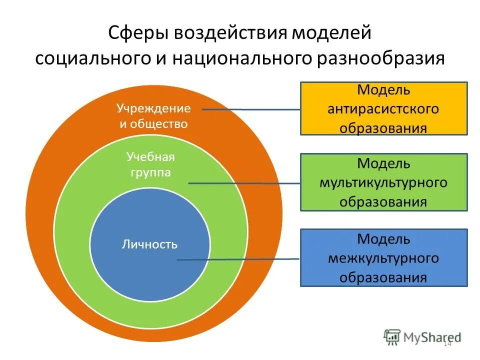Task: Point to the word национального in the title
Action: pos(241,58)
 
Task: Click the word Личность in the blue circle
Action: pos(149,244)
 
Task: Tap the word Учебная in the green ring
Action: pos(150,157)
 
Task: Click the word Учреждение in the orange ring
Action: pos(153,108)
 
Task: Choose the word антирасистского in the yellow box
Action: pos(383,109)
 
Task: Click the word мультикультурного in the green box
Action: pos(383,182)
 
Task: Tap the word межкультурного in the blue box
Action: pos(383,258)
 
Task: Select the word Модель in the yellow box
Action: pos(383,90)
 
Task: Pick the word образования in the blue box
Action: pos(383,277)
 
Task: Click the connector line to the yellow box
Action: pos(250,109)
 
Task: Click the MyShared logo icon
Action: pos(392,337)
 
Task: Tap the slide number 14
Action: pos(447,344)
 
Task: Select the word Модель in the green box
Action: pos(383,163)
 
